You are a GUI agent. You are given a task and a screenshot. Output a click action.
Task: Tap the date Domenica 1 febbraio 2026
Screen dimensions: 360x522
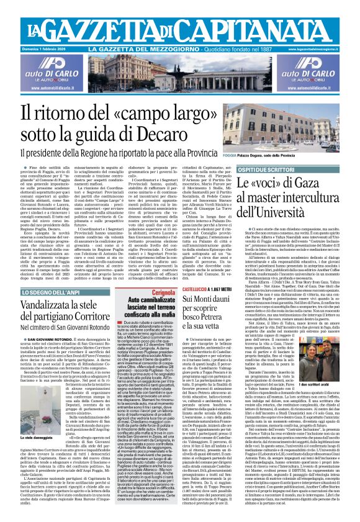[26, 48]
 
